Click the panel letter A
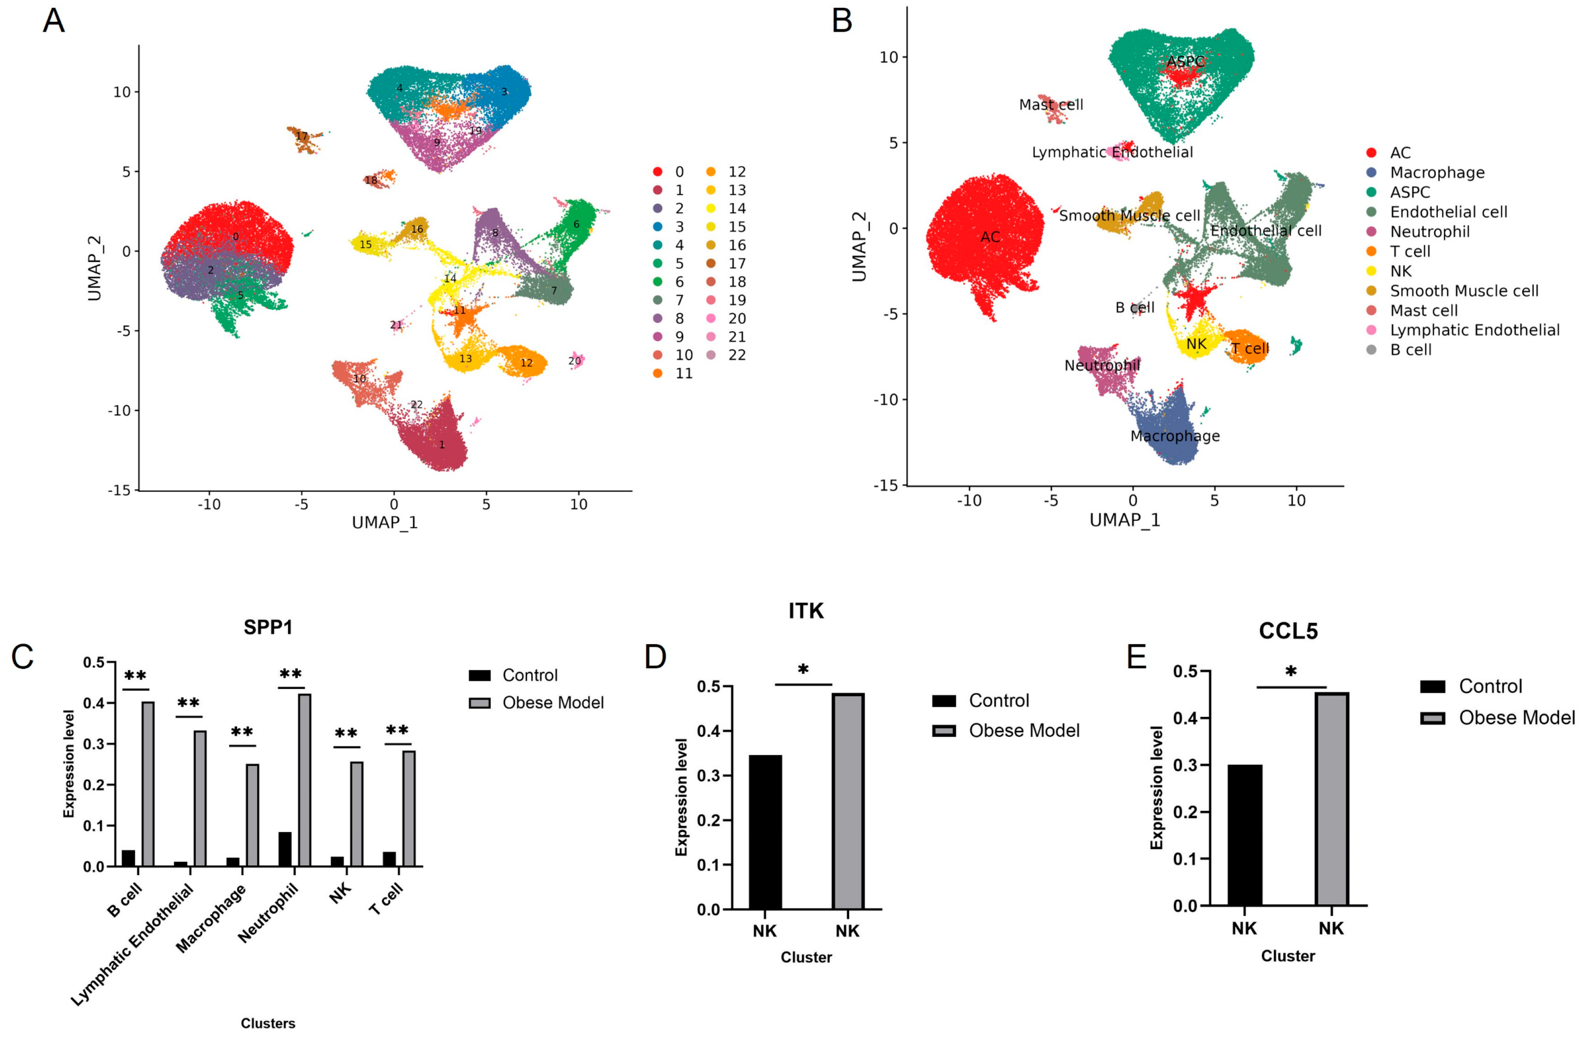pos(53,21)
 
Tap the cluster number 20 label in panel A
pos(574,361)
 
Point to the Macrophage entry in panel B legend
pos(1437,173)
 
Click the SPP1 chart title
pos(268,627)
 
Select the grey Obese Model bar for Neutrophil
pos(305,779)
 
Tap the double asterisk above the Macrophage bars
pos(242,733)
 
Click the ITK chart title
pos(806,610)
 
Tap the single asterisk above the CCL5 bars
pos(1290,671)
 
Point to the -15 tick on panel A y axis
pos(119,490)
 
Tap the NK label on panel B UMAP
pos(1196,344)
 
